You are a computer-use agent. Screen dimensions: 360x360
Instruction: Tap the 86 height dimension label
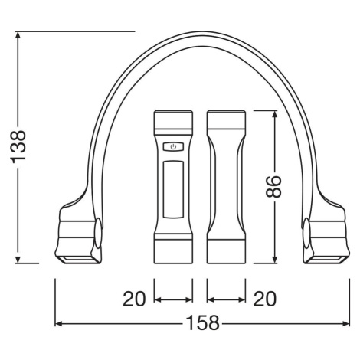(273, 187)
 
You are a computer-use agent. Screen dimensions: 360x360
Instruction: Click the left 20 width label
(134, 299)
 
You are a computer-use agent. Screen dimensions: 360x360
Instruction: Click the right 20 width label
(265, 299)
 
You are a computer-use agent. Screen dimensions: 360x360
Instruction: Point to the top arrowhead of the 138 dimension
(18, 35)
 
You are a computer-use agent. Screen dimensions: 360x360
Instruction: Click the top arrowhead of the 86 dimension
(275, 114)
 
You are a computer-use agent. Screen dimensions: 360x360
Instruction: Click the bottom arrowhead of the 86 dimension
(275, 260)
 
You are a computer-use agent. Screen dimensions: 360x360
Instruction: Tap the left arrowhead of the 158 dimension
(59, 324)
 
